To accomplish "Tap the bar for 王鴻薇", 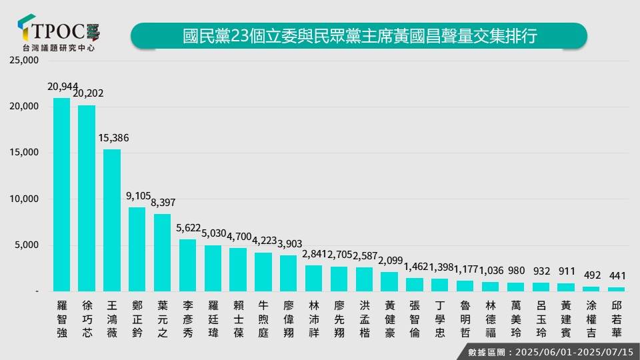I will point(112,220).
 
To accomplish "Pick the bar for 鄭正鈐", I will point(137,249).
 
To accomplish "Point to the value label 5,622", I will point(188,227).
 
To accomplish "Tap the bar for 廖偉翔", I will point(289,273).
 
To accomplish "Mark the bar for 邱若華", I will point(617,289).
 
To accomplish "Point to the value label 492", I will point(591,275).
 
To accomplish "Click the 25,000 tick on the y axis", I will point(26,61).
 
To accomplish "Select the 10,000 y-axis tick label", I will point(26,199).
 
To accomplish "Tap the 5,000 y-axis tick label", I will point(29,245).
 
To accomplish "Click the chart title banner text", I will point(359,35).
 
